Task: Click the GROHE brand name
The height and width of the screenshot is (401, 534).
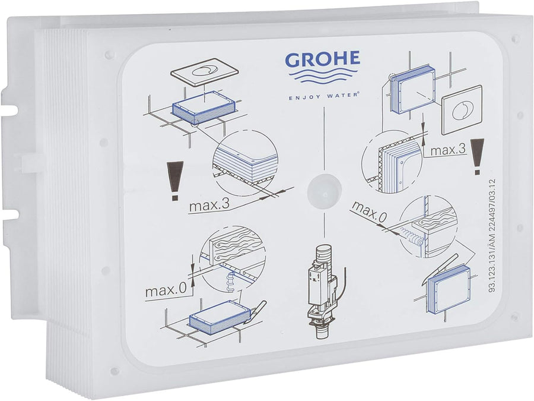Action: point(322,59)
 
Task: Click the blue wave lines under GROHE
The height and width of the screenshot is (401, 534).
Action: point(323,77)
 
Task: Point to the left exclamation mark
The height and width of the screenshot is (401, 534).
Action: point(175,181)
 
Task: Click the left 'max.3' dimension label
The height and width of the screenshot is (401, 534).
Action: point(209,206)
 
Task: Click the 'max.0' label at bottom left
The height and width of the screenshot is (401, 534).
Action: point(166,291)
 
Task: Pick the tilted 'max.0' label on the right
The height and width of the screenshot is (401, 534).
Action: point(370,212)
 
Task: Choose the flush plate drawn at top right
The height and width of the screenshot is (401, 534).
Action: point(462,109)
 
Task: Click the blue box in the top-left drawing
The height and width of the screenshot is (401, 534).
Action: point(204,108)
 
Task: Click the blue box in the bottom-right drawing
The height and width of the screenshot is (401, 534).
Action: point(447,289)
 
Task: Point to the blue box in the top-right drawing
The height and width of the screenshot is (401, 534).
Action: point(412,90)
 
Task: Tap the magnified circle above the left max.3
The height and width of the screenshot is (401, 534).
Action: point(245,164)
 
